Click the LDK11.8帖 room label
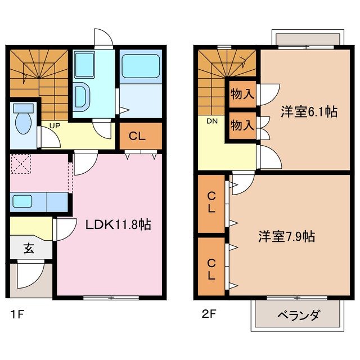coord(118,224)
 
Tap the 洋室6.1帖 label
coord(309,112)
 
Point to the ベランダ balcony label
coord(298,316)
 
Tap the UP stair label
coord(55,125)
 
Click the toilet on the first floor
coord(24,120)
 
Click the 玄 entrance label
coord(28,248)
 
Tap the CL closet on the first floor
coord(140,136)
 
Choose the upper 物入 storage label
coord(242,94)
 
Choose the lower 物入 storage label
coord(242,125)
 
